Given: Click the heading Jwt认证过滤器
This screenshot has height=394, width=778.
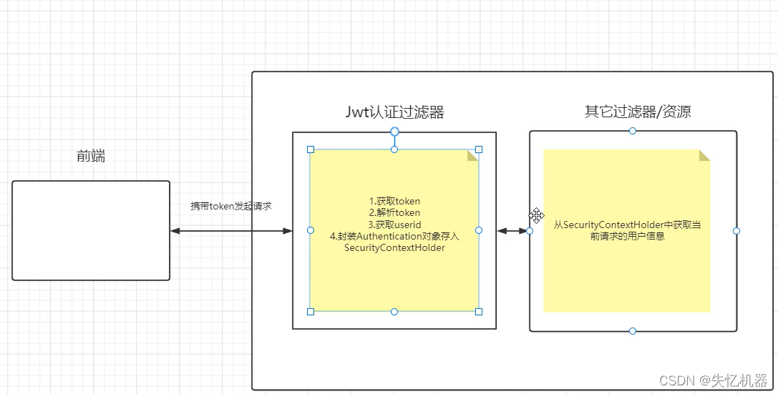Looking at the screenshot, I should click(x=394, y=112).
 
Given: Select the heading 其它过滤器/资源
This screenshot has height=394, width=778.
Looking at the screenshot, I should click(x=638, y=112).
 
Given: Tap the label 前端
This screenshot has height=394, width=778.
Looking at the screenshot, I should click(x=91, y=156).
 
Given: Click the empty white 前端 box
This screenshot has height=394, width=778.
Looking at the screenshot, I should click(x=91, y=230).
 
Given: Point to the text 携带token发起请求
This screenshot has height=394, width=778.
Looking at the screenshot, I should click(x=231, y=206).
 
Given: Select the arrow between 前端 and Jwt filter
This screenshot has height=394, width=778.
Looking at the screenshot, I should click(x=231, y=231).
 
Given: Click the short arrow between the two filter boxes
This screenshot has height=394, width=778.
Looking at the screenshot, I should click(x=512, y=231).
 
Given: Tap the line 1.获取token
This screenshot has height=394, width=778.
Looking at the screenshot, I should click(x=394, y=201).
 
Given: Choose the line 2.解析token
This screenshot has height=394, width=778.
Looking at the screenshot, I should click(x=394, y=212).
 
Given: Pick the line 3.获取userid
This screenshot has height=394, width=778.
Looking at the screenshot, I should click(x=394, y=225).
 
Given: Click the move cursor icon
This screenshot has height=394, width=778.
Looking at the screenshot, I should click(x=537, y=215).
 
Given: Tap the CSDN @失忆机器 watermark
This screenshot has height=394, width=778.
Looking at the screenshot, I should click(x=713, y=379).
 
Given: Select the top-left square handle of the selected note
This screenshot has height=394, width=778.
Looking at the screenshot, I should click(x=311, y=149).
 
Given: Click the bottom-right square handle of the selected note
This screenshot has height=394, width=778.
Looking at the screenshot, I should click(x=479, y=311).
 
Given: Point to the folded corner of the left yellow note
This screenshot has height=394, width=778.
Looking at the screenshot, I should click(x=472, y=155).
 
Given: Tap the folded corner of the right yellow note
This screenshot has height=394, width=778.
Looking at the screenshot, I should click(x=704, y=155).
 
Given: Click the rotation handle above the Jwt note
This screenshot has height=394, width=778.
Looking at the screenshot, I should click(x=394, y=131).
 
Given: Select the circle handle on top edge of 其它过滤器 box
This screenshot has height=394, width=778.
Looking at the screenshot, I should click(x=633, y=131).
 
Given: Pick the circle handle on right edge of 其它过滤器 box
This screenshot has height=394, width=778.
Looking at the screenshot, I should click(x=736, y=231).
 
